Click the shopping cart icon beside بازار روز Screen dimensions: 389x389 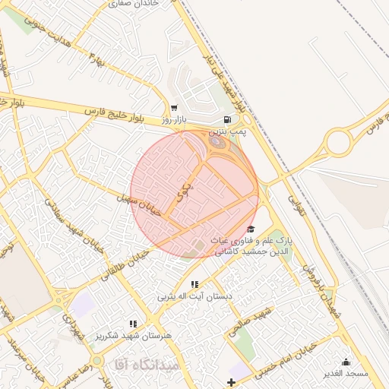175,108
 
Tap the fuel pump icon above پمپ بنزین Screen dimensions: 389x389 227,119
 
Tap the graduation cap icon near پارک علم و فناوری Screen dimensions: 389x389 251,229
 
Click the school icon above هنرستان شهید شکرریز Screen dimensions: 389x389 134,324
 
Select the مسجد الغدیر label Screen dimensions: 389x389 345,373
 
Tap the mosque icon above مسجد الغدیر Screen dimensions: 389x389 346,362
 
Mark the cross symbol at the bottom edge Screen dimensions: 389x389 232,381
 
